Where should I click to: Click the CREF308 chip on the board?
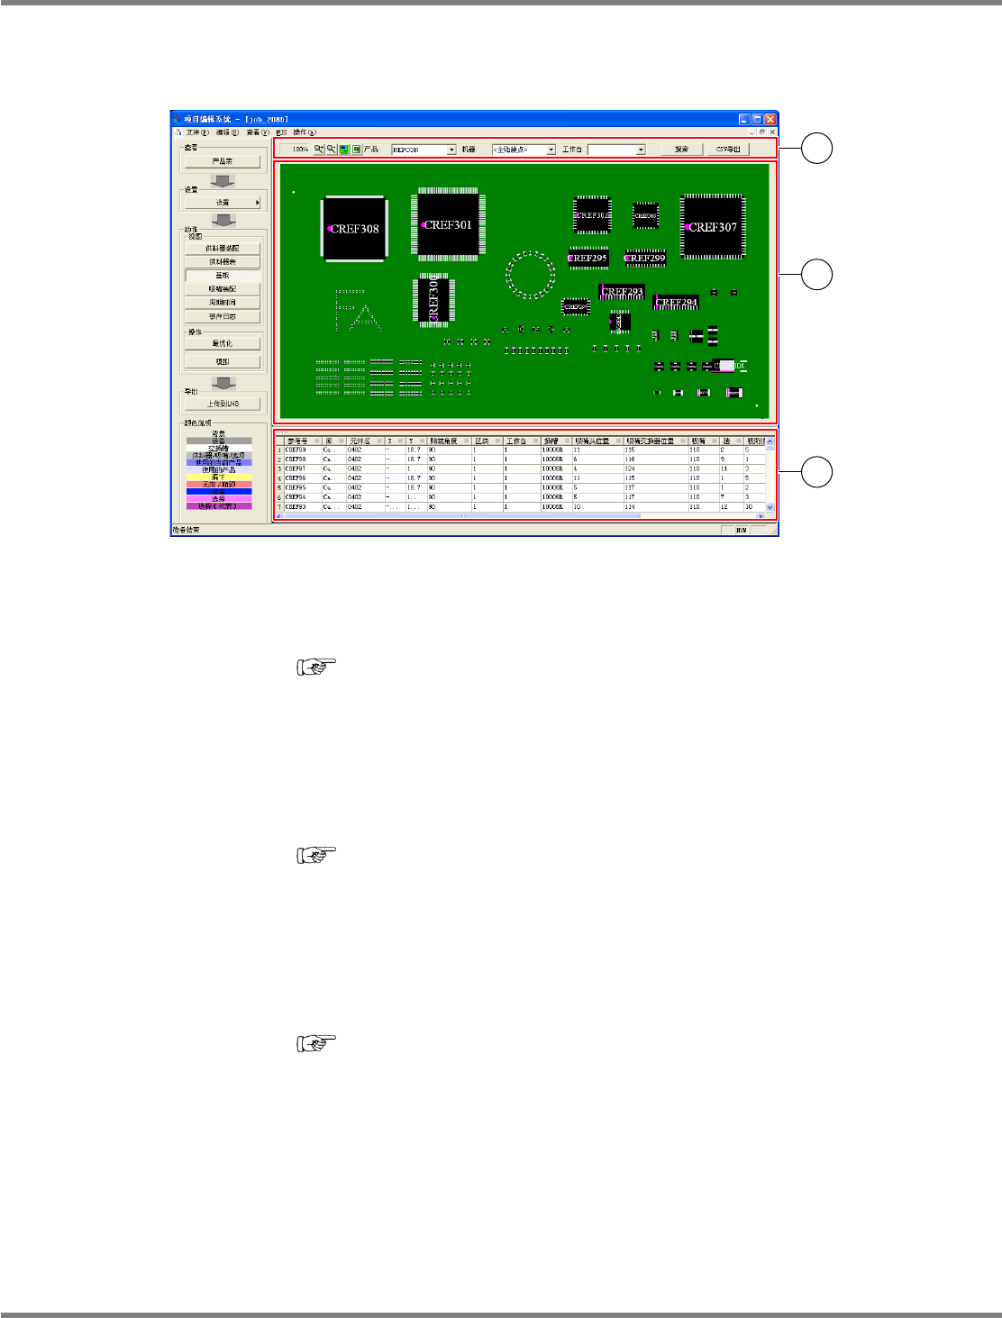(353, 229)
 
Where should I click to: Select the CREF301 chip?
(447, 225)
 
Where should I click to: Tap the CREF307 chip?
(712, 227)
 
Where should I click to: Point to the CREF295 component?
(588, 258)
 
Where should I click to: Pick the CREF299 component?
(646, 258)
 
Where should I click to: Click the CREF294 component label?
(676, 303)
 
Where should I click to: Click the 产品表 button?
(222, 161)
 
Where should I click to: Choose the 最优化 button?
(222, 343)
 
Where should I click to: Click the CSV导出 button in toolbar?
(727, 150)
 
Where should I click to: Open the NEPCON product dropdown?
(451, 150)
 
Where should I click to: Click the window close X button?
(770, 119)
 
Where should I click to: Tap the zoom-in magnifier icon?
(319, 150)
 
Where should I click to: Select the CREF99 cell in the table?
(296, 450)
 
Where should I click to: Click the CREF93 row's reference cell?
(296, 506)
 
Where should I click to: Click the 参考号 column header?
(297, 441)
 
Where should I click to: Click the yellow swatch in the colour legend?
(219, 477)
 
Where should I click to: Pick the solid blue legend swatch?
(219, 492)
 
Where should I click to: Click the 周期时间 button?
(222, 303)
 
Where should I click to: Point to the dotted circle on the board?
(531, 275)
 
